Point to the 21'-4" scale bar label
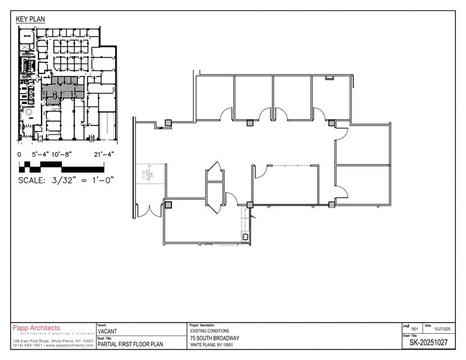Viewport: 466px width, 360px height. [106, 155]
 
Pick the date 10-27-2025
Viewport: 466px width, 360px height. [443, 329]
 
